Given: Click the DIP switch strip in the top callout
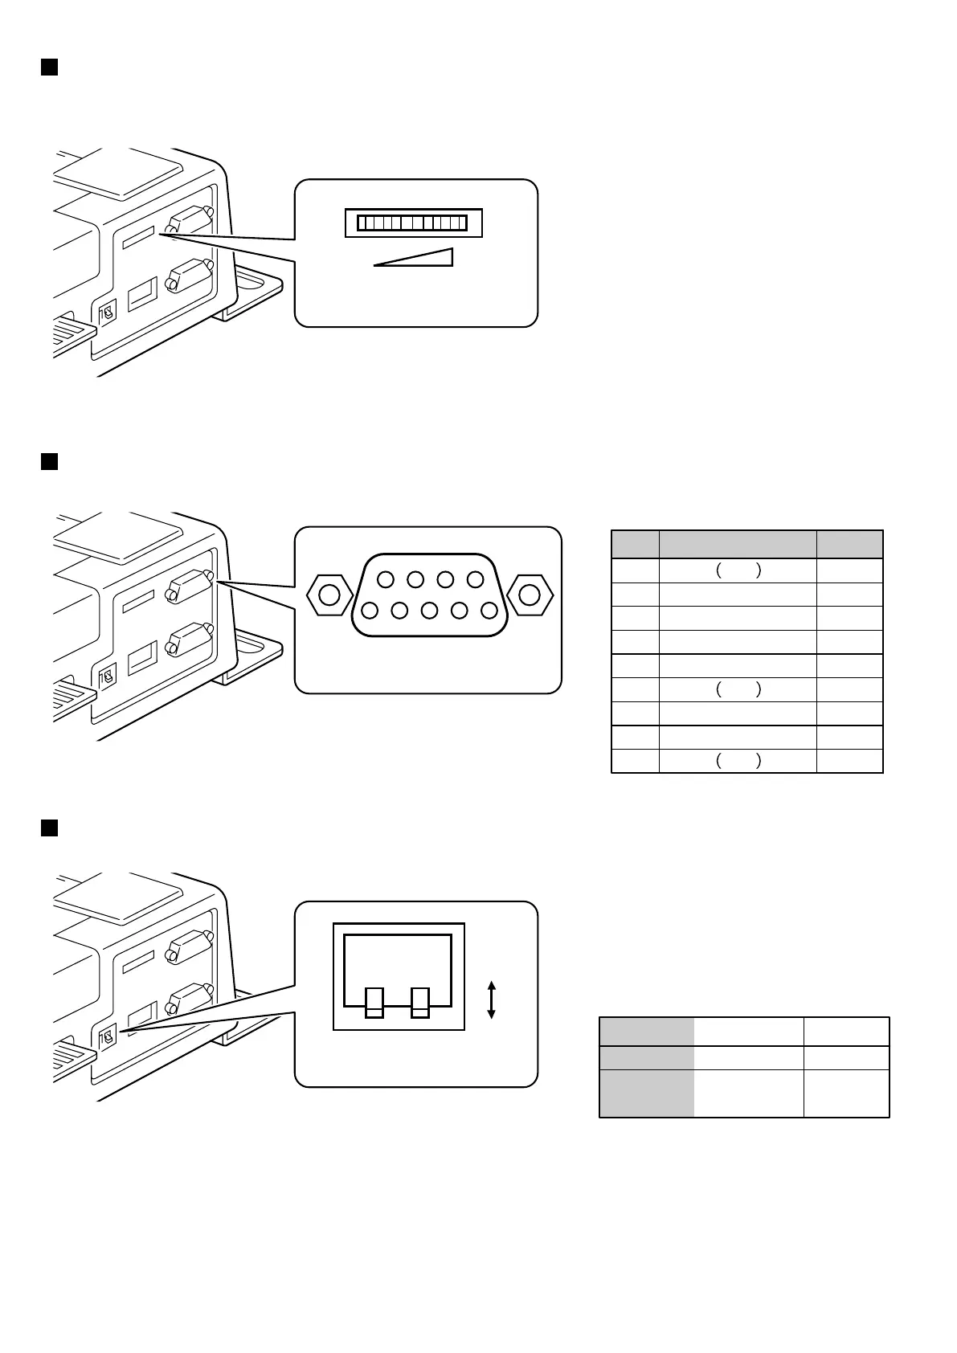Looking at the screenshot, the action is point(413,223).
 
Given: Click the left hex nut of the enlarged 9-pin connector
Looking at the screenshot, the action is point(329,595).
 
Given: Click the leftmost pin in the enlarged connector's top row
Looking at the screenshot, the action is point(386,579).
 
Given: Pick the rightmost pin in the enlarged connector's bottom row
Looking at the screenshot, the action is point(489,611).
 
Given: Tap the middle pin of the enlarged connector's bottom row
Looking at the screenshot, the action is point(429,611).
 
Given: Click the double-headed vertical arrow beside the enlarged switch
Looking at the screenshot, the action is point(492,999).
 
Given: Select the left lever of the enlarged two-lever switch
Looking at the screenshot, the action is point(374,1002).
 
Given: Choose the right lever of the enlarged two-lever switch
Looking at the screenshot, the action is point(419,1002).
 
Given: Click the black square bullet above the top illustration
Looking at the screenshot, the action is point(49,67).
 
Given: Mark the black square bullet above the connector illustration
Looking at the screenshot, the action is point(49,461).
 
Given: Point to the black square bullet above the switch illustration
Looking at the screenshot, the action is point(49,828).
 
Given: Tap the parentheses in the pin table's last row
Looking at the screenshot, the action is point(738,762).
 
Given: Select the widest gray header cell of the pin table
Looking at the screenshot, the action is point(738,544).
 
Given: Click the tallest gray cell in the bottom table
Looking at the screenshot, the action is point(647,1093).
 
